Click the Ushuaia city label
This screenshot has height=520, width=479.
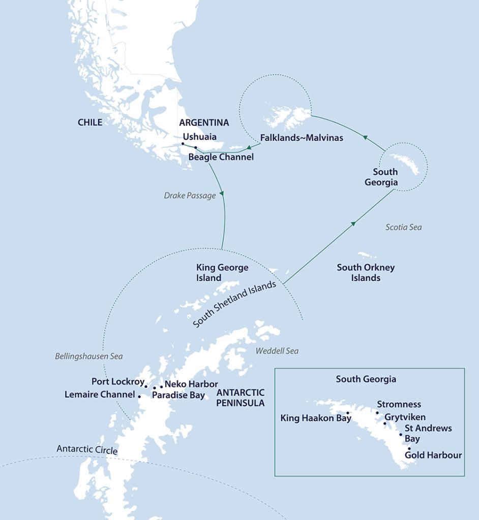pos(199,137)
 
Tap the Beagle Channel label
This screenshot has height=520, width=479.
pos(221,157)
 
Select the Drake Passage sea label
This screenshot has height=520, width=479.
pos(190,195)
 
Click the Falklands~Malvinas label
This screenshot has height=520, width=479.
pos(302,138)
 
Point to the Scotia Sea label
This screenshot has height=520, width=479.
pos(403,227)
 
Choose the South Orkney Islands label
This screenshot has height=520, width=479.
pos(366,273)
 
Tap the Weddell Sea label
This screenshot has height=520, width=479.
pos(277,351)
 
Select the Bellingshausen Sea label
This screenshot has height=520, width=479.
pos(89,356)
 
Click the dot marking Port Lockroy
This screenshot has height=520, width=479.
pos(146,387)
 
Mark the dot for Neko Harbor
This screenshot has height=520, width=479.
pos(162,387)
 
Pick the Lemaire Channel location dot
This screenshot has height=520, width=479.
pos(139,396)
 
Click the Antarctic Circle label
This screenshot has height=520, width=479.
pos(87,450)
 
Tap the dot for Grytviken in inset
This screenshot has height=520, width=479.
pos(384,423)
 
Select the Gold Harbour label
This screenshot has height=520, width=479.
pos(433,455)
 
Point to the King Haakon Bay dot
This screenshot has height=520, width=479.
pos(347,413)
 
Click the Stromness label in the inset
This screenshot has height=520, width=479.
pos(399,404)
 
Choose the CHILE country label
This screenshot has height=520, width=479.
pos(90,122)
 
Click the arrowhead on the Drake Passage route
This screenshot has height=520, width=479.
pos(221,195)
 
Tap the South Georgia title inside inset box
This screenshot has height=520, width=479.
pos(366,379)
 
